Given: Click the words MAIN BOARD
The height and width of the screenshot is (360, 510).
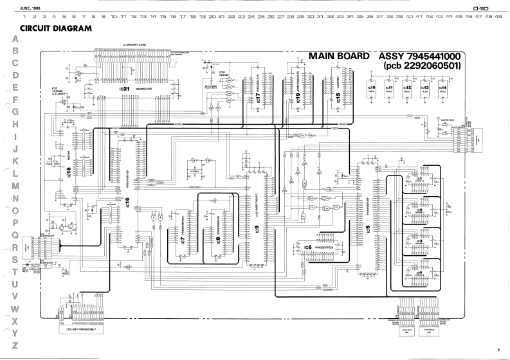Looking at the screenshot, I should click(x=339, y=57).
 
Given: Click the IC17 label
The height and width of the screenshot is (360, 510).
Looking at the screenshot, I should click(x=257, y=98).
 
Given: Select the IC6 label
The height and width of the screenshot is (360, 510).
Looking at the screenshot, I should click(x=307, y=247).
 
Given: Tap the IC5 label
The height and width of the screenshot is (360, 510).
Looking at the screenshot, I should click(x=367, y=228).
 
